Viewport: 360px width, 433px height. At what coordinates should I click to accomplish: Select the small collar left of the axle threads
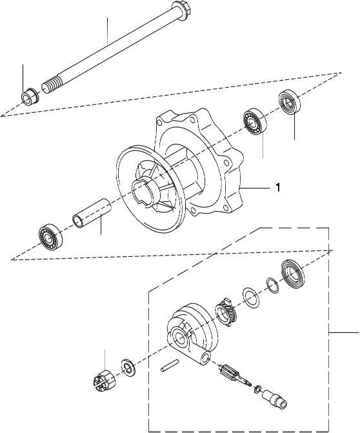click(x=30, y=98)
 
